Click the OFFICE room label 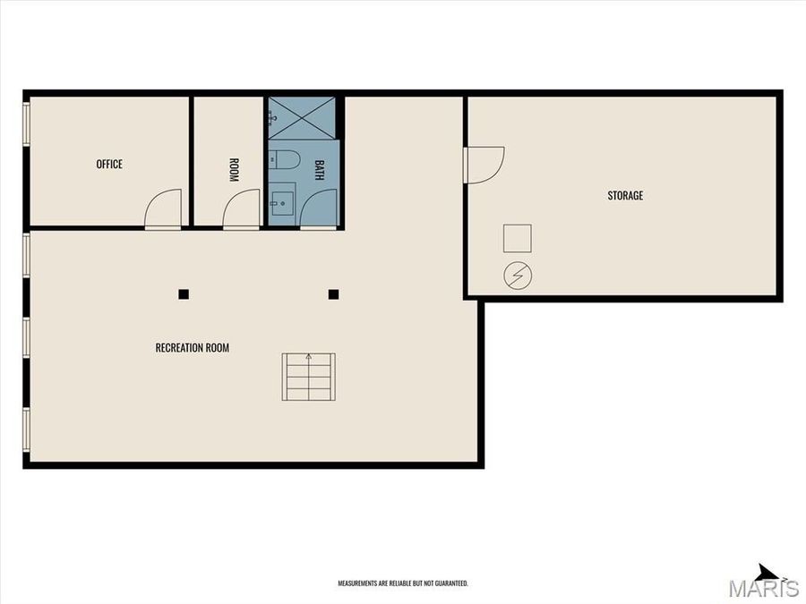click(109, 164)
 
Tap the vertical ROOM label click(234, 170)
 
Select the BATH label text click(318, 170)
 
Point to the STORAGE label click(625, 195)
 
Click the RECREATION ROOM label click(192, 347)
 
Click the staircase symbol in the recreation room click(309, 377)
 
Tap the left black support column click(184, 293)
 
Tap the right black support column click(333, 293)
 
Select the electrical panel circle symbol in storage click(518, 276)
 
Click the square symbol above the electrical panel click(518, 239)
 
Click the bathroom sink click(281, 201)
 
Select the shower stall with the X click(303, 117)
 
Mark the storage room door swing click(484, 165)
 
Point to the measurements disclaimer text click(403, 583)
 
